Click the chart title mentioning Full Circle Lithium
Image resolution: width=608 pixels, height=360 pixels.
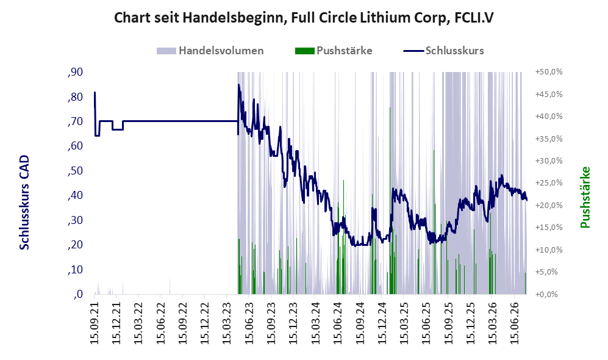(304, 18)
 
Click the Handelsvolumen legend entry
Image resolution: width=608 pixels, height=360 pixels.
(210, 51)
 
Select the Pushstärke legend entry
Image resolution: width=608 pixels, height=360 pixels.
(334, 51)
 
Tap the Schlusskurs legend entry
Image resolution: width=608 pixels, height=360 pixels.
(443, 51)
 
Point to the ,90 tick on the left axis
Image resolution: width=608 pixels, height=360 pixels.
(75, 72)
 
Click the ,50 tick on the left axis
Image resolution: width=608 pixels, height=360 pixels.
(75, 171)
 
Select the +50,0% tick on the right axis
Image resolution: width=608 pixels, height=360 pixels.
(549, 72)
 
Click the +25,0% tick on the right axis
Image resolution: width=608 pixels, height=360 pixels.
(549, 183)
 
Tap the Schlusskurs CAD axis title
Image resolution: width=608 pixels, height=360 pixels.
(24, 202)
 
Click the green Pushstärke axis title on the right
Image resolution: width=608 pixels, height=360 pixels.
(585, 198)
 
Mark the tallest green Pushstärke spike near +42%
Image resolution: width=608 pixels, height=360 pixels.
(390, 200)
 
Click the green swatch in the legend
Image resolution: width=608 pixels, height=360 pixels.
(304, 51)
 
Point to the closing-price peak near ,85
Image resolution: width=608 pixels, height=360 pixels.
(239, 85)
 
